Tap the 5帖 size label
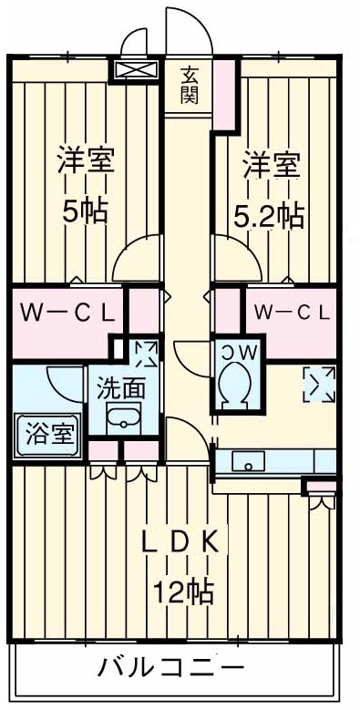[85, 211]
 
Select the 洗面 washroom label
[121, 387]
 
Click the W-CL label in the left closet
[67, 314]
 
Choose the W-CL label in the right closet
[291, 314]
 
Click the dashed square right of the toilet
[318, 384]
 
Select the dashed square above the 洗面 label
[144, 353]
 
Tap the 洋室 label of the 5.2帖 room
[269, 166]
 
